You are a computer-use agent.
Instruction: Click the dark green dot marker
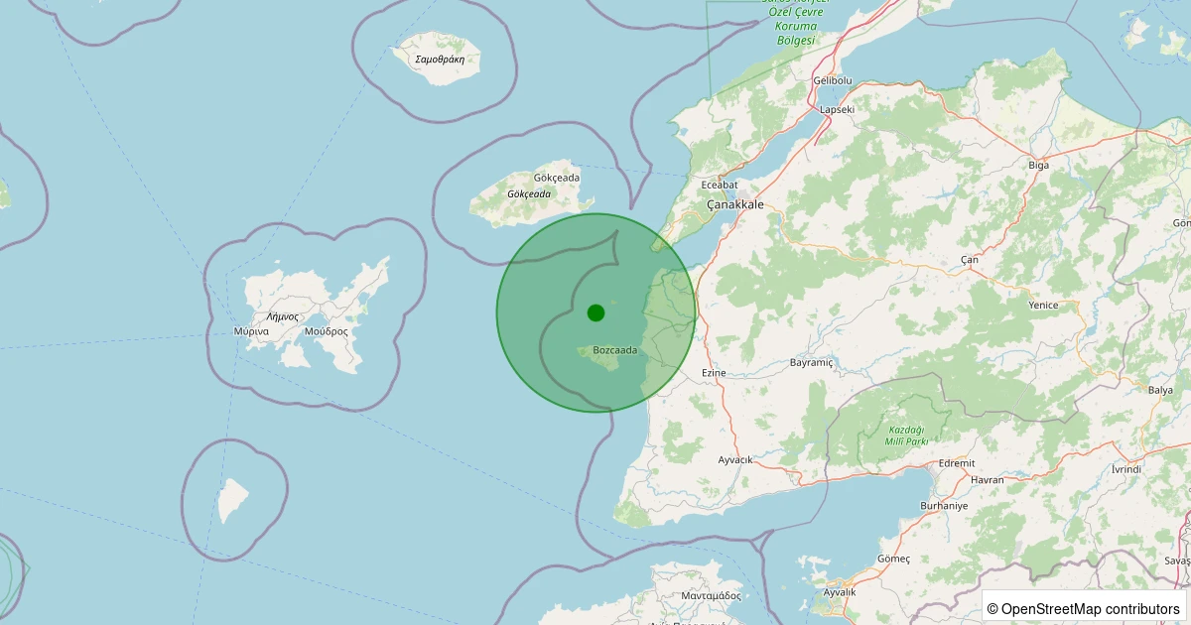(595, 312)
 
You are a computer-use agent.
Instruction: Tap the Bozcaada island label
(614, 350)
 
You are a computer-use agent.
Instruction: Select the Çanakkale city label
(734, 204)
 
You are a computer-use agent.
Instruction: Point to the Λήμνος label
(282, 316)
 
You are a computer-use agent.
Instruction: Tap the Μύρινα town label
(252, 331)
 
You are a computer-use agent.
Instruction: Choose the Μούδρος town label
(326, 331)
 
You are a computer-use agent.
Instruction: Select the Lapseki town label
(837, 109)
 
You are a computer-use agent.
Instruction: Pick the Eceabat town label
(720, 185)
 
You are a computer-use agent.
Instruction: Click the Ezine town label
(714, 373)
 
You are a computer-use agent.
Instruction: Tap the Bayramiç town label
(811, 363)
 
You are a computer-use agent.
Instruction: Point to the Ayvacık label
(735, 460)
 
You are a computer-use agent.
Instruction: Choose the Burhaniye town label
(944, 505)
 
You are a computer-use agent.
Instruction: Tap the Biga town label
(1038, 165)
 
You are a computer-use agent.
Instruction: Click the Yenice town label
(1043, 306)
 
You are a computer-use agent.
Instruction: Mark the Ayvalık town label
(840, 591)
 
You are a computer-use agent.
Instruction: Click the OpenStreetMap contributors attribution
(1084, 608)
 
